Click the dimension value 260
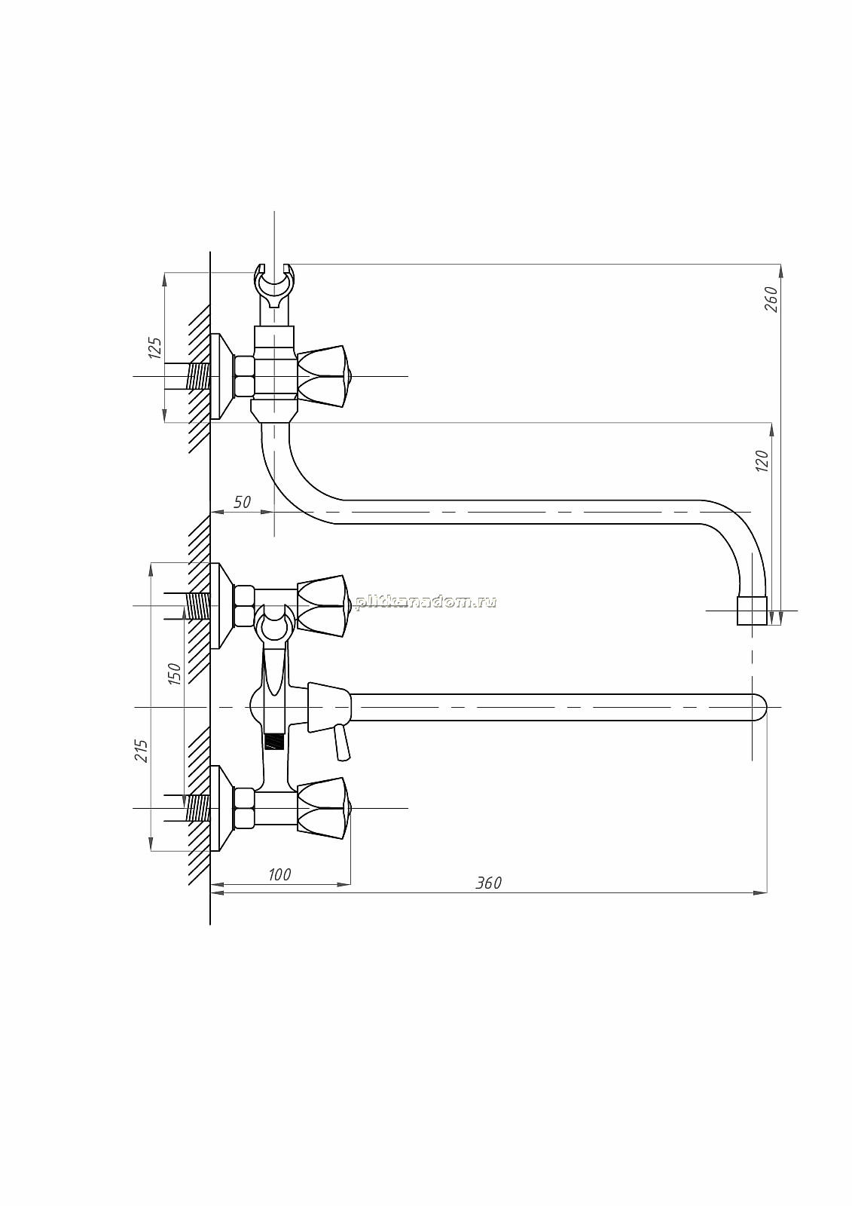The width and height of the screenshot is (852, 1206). pos(771,299)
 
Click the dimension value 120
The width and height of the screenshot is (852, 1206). pos(762,461)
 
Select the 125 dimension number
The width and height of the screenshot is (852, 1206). pos(154,348)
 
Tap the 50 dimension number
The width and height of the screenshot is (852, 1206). pos(243,502)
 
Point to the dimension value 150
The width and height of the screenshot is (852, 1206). pos(175,674)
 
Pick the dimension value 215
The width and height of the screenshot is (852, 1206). pos(142,751)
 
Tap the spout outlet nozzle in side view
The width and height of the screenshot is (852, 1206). pos(752,611)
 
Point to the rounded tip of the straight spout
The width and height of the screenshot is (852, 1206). pos(759,707)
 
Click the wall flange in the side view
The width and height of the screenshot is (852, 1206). pos(221,376)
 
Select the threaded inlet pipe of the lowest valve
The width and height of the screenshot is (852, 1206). pos(197,808)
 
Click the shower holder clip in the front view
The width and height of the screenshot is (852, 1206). pos(274,625)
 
